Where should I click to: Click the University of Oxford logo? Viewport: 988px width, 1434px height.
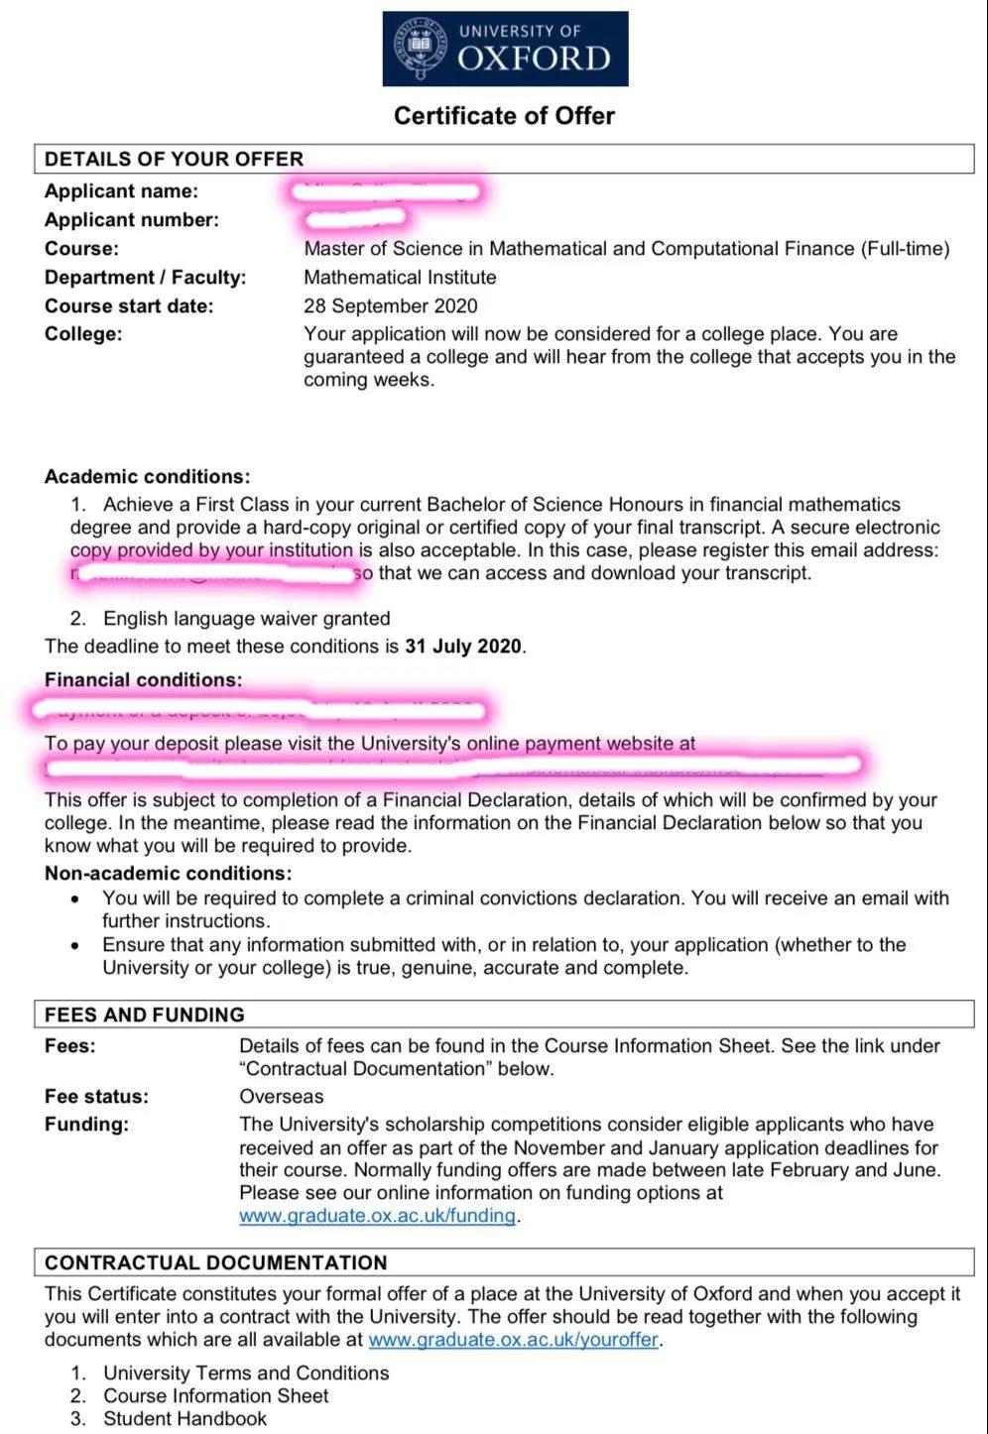coord(505,49)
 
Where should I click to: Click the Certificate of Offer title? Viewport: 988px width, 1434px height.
coord(504,116)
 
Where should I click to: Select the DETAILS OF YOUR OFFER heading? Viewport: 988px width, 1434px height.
coord(174,160)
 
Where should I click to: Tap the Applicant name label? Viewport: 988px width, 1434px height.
coord(121,191)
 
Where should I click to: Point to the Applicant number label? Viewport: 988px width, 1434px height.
coord(132,220)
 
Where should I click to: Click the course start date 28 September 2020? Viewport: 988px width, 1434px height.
coord(390,306)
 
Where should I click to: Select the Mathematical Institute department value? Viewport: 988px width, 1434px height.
coord(400,278)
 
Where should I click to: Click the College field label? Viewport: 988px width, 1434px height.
coord(83,334)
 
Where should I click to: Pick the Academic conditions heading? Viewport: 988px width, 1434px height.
coord(147,477)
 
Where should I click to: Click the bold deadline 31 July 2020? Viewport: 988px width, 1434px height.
coord(462,647)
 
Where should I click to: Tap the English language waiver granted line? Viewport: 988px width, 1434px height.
coord(246,619)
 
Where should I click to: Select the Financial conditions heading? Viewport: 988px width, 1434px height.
coord(143,680)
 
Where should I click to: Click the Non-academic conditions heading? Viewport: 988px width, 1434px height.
coord(168,874)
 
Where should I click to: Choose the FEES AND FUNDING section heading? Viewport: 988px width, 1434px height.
coord(144,1015)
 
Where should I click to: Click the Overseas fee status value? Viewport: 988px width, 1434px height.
coord(281,1097)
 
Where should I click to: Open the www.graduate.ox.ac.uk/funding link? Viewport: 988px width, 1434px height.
coord(377,1216)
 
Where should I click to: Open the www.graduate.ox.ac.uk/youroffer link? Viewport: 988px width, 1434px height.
coord(513,1340)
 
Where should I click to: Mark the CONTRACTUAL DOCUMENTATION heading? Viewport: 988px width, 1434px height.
coord(215,1262)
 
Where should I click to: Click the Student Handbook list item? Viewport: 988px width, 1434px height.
coord(185,1419)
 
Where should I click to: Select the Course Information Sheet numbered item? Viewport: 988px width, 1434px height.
coord(215,1396)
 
